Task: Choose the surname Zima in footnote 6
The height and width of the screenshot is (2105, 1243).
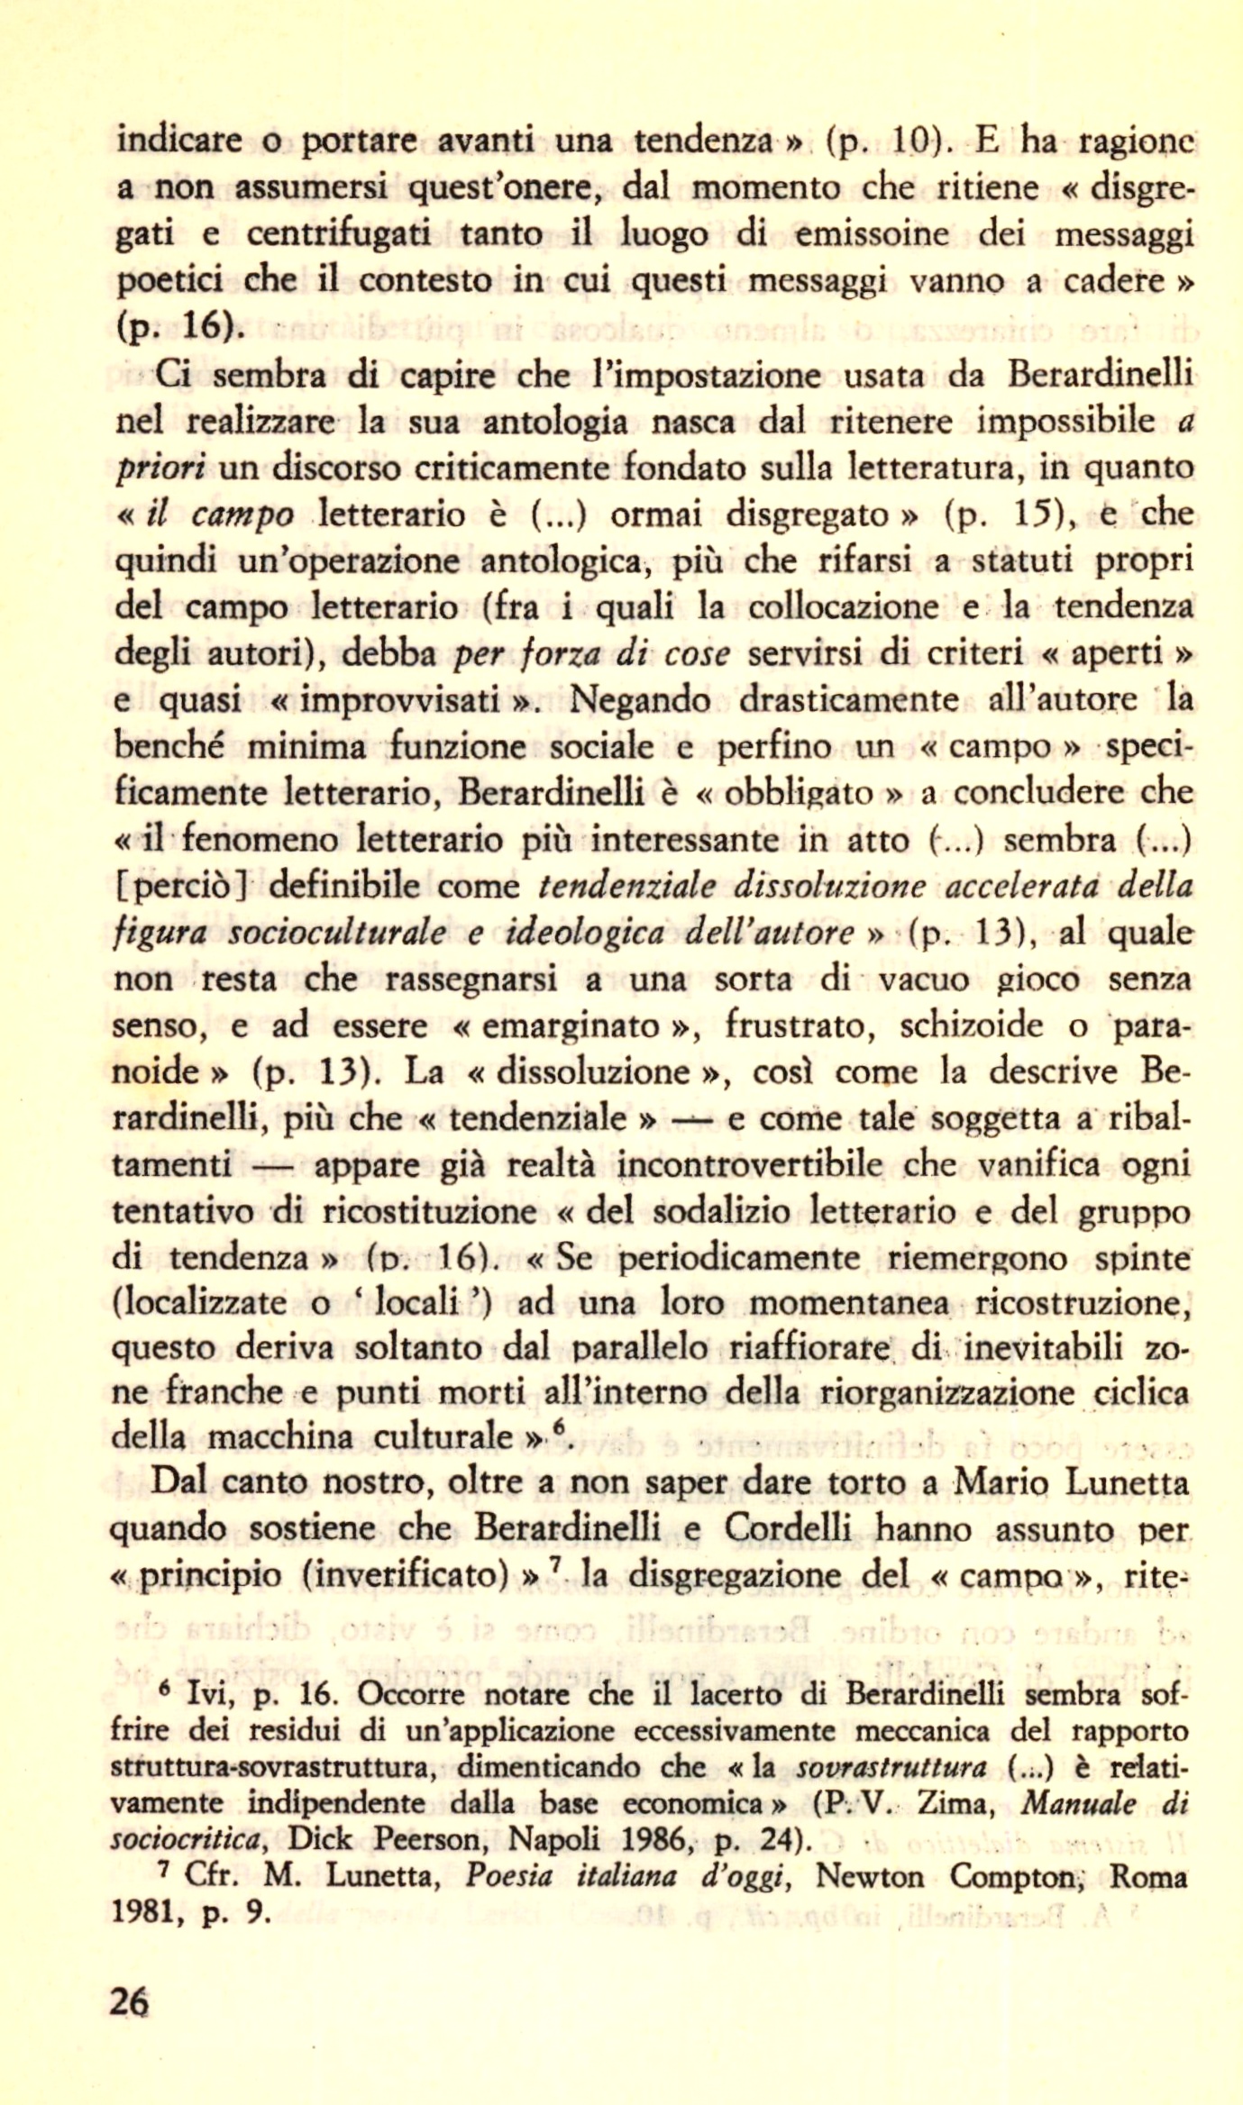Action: [x=955, y=1803]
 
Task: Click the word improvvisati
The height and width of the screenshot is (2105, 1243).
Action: [x=400, y=700]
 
